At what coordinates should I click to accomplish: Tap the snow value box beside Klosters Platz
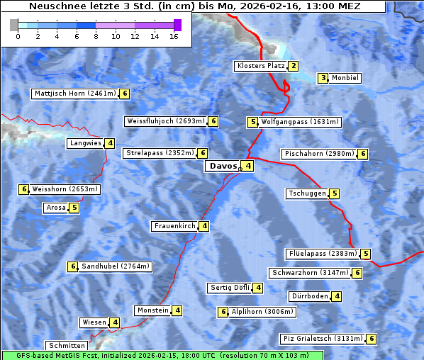pyautogui.click(x=293, y=66)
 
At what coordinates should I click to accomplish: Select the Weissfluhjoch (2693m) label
pyautogui.click(x=165, y=121)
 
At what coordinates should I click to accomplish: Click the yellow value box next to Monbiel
pyautogui.click(x=323, y=78)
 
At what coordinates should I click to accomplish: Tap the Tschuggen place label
pyautogui.click(x=307, y=193)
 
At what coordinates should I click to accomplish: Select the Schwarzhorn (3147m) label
pyautogui.click(x=311, y=273)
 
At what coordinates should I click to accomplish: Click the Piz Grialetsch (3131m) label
pyautogui.click(x=323, y=339)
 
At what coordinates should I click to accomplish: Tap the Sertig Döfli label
pyautogui.click(x=230, y=288)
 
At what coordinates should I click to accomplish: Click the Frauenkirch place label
pyautogui.click(x=174, y=226)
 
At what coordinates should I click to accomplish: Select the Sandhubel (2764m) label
pyautogui.click(x=115, y=266)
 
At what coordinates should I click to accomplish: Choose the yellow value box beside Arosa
pyautogui.click(x=74, y=208)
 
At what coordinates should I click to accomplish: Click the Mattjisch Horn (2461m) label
pyautogui.click(x=76, y=93)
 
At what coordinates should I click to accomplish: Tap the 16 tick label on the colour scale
pyautogui.click(x=174, y=36)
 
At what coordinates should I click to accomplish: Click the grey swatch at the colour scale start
pyautogui.click(x=14, y=25)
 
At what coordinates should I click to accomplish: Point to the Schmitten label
pyautogui.click(x=69, y=346)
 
